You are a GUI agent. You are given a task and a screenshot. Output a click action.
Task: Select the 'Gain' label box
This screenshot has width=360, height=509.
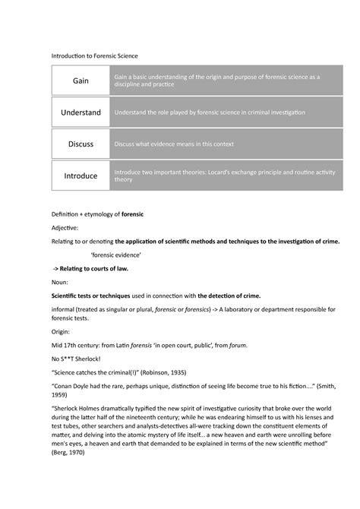(81, 80)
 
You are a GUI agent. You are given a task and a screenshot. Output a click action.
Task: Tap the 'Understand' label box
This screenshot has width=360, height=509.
(81, 112)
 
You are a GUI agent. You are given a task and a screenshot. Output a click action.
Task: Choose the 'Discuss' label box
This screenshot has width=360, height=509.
(81, 144)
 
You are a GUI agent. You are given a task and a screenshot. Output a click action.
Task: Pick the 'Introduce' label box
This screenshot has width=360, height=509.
(81, 175)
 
